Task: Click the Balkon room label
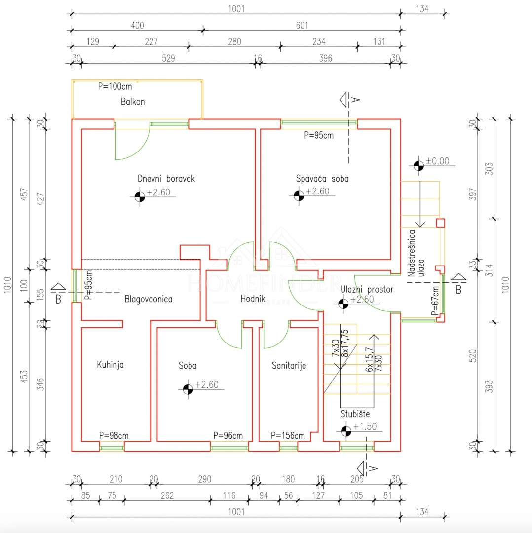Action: point(133,102)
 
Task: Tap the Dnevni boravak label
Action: point(166,179)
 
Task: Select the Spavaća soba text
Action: point(322,179)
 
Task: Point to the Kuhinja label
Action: point(110,365)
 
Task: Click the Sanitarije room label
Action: point(289,365)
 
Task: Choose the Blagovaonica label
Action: point(148,299)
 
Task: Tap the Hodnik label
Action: point(253,299)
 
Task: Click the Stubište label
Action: point(355,414)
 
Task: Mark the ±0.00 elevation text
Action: point(438,161)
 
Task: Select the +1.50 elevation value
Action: point(365,426)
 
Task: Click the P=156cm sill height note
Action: point(288,435)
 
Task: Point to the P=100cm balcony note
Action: point(115,87)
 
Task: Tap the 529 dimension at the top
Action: point(168,58)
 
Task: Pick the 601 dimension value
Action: point(302,26)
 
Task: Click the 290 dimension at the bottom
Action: point(205,479)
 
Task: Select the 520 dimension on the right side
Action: point(472,356)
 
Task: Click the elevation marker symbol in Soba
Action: point(188,389)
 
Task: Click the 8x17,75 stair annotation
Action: point(344,343)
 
